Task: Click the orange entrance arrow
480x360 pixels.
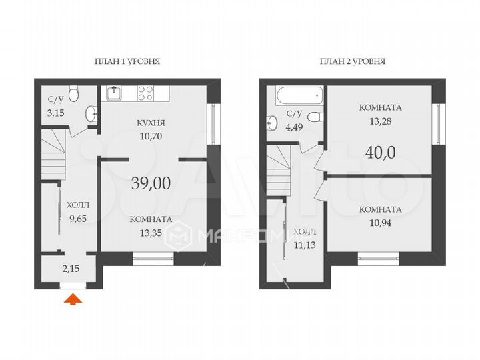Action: tap(73, 300)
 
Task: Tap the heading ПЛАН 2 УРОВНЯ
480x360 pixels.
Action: tap(352, 61)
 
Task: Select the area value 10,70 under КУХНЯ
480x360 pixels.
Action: tap(151, 136)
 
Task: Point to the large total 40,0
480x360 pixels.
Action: tap(381, 151)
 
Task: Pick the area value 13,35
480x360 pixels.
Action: tap(151, 231)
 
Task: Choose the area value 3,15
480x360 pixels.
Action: tap(56, 113)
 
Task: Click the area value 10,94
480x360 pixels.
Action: tap(380, 221)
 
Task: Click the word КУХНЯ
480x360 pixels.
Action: tap(151, 124)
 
